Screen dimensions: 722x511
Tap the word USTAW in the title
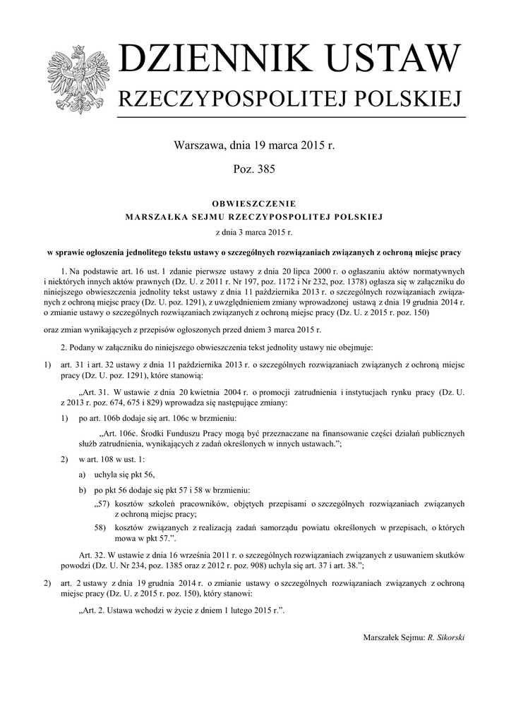[x=394, y=60]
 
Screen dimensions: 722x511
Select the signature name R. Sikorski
[x=447, y=637]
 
